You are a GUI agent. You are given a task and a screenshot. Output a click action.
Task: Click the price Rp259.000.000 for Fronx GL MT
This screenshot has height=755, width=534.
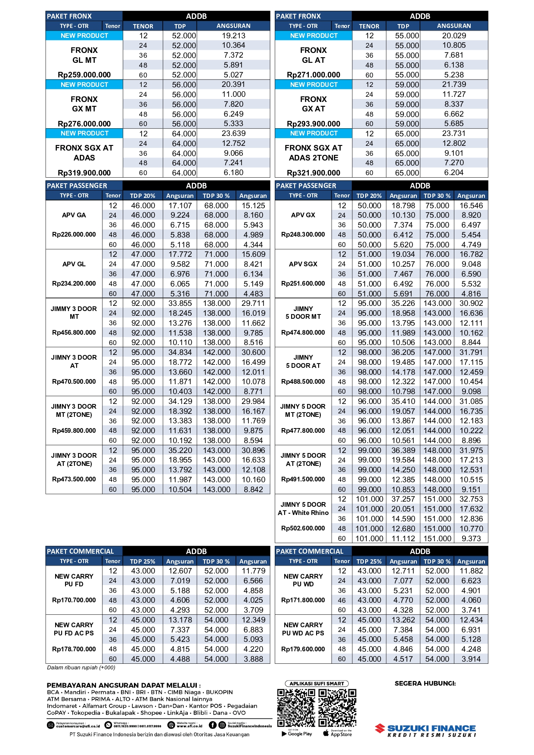pos(84,75)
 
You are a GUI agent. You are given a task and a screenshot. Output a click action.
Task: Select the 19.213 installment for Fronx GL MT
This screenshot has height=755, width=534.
pos(233,36)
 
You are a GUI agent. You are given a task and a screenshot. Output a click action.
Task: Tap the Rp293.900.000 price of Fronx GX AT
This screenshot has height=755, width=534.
pos(314,124)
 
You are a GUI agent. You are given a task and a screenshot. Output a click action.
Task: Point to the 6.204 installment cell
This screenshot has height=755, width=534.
pos(454,173)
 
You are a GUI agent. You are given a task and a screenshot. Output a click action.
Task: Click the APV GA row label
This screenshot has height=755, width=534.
pos(74,215)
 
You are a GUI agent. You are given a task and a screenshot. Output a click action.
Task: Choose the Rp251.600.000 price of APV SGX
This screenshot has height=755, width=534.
pos(303,284)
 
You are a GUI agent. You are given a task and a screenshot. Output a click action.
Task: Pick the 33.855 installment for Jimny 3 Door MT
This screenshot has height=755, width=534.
pos(180,303)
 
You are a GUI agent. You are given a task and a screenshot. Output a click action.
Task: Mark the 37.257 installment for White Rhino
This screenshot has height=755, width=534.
pos(403,499)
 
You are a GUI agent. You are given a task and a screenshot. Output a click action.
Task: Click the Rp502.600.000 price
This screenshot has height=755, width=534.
pos(303,528)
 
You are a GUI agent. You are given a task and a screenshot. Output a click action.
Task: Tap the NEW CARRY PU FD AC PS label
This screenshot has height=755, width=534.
pos(74,629)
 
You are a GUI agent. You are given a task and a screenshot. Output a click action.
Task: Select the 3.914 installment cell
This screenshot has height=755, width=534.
pos(471,659)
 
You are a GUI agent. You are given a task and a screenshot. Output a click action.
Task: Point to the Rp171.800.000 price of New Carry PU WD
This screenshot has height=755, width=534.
pos(303,600)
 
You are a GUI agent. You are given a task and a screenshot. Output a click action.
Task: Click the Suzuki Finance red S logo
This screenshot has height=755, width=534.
pos(380,728)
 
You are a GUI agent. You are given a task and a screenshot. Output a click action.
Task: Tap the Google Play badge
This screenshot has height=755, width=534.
pos(297,733)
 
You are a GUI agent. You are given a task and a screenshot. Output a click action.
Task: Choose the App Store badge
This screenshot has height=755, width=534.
pos(337,733)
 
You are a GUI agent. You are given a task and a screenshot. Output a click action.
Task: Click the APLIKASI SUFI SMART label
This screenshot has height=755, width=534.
pos(317,684)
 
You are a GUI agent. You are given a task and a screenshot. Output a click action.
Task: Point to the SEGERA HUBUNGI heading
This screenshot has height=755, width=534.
pos(425,683)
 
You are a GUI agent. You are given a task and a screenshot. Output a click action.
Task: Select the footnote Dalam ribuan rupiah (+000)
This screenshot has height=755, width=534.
pos(81,668)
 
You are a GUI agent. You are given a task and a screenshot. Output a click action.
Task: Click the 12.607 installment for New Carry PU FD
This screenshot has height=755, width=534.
pos(180,571)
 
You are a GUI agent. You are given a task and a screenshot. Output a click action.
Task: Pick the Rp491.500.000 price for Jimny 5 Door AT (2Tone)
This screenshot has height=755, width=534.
pos(303,479)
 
